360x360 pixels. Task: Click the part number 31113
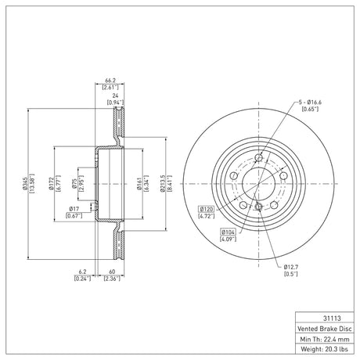332,319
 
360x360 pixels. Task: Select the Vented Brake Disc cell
325,329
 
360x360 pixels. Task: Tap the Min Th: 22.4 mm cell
325,339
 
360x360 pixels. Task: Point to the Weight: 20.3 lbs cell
325,349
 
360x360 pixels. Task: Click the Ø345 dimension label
25,184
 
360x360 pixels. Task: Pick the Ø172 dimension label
51,184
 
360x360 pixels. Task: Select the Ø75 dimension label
74,184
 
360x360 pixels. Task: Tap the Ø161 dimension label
139,184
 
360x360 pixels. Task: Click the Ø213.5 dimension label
163,184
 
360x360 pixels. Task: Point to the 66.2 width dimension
110,81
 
